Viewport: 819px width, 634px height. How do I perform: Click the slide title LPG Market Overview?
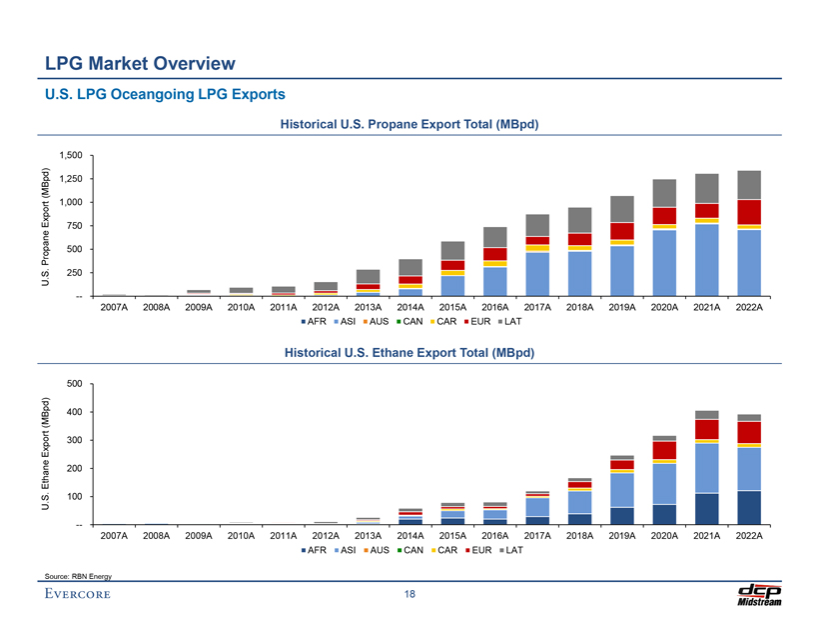pos(140,64)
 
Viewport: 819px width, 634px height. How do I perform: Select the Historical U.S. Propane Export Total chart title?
pos(409,125)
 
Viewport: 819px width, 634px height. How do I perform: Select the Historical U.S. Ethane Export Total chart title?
pos(409,353)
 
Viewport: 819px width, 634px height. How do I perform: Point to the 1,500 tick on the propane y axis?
pos(71,155)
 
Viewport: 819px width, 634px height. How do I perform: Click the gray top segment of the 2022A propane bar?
pos(748,185)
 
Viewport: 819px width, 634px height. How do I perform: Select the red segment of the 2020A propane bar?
pos(664,215)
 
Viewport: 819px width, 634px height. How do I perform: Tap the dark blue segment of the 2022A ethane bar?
pos(748,507)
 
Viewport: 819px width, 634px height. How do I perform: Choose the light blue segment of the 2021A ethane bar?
pos(706,468)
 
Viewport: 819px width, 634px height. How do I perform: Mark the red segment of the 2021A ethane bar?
pos(706,429)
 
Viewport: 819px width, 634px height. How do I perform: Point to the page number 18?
pos(409,595)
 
